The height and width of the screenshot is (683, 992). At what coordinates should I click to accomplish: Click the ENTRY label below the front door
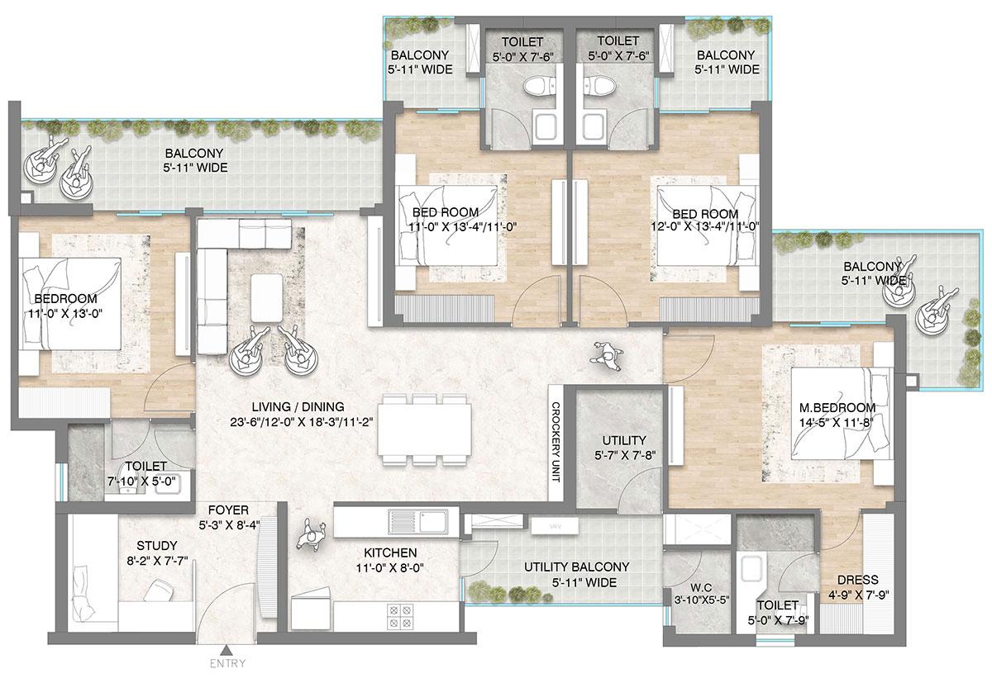[227, 662]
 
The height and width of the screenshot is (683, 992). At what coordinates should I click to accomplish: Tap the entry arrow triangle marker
[227, 648]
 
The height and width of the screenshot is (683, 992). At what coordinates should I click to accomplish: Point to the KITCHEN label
[389, 553]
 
